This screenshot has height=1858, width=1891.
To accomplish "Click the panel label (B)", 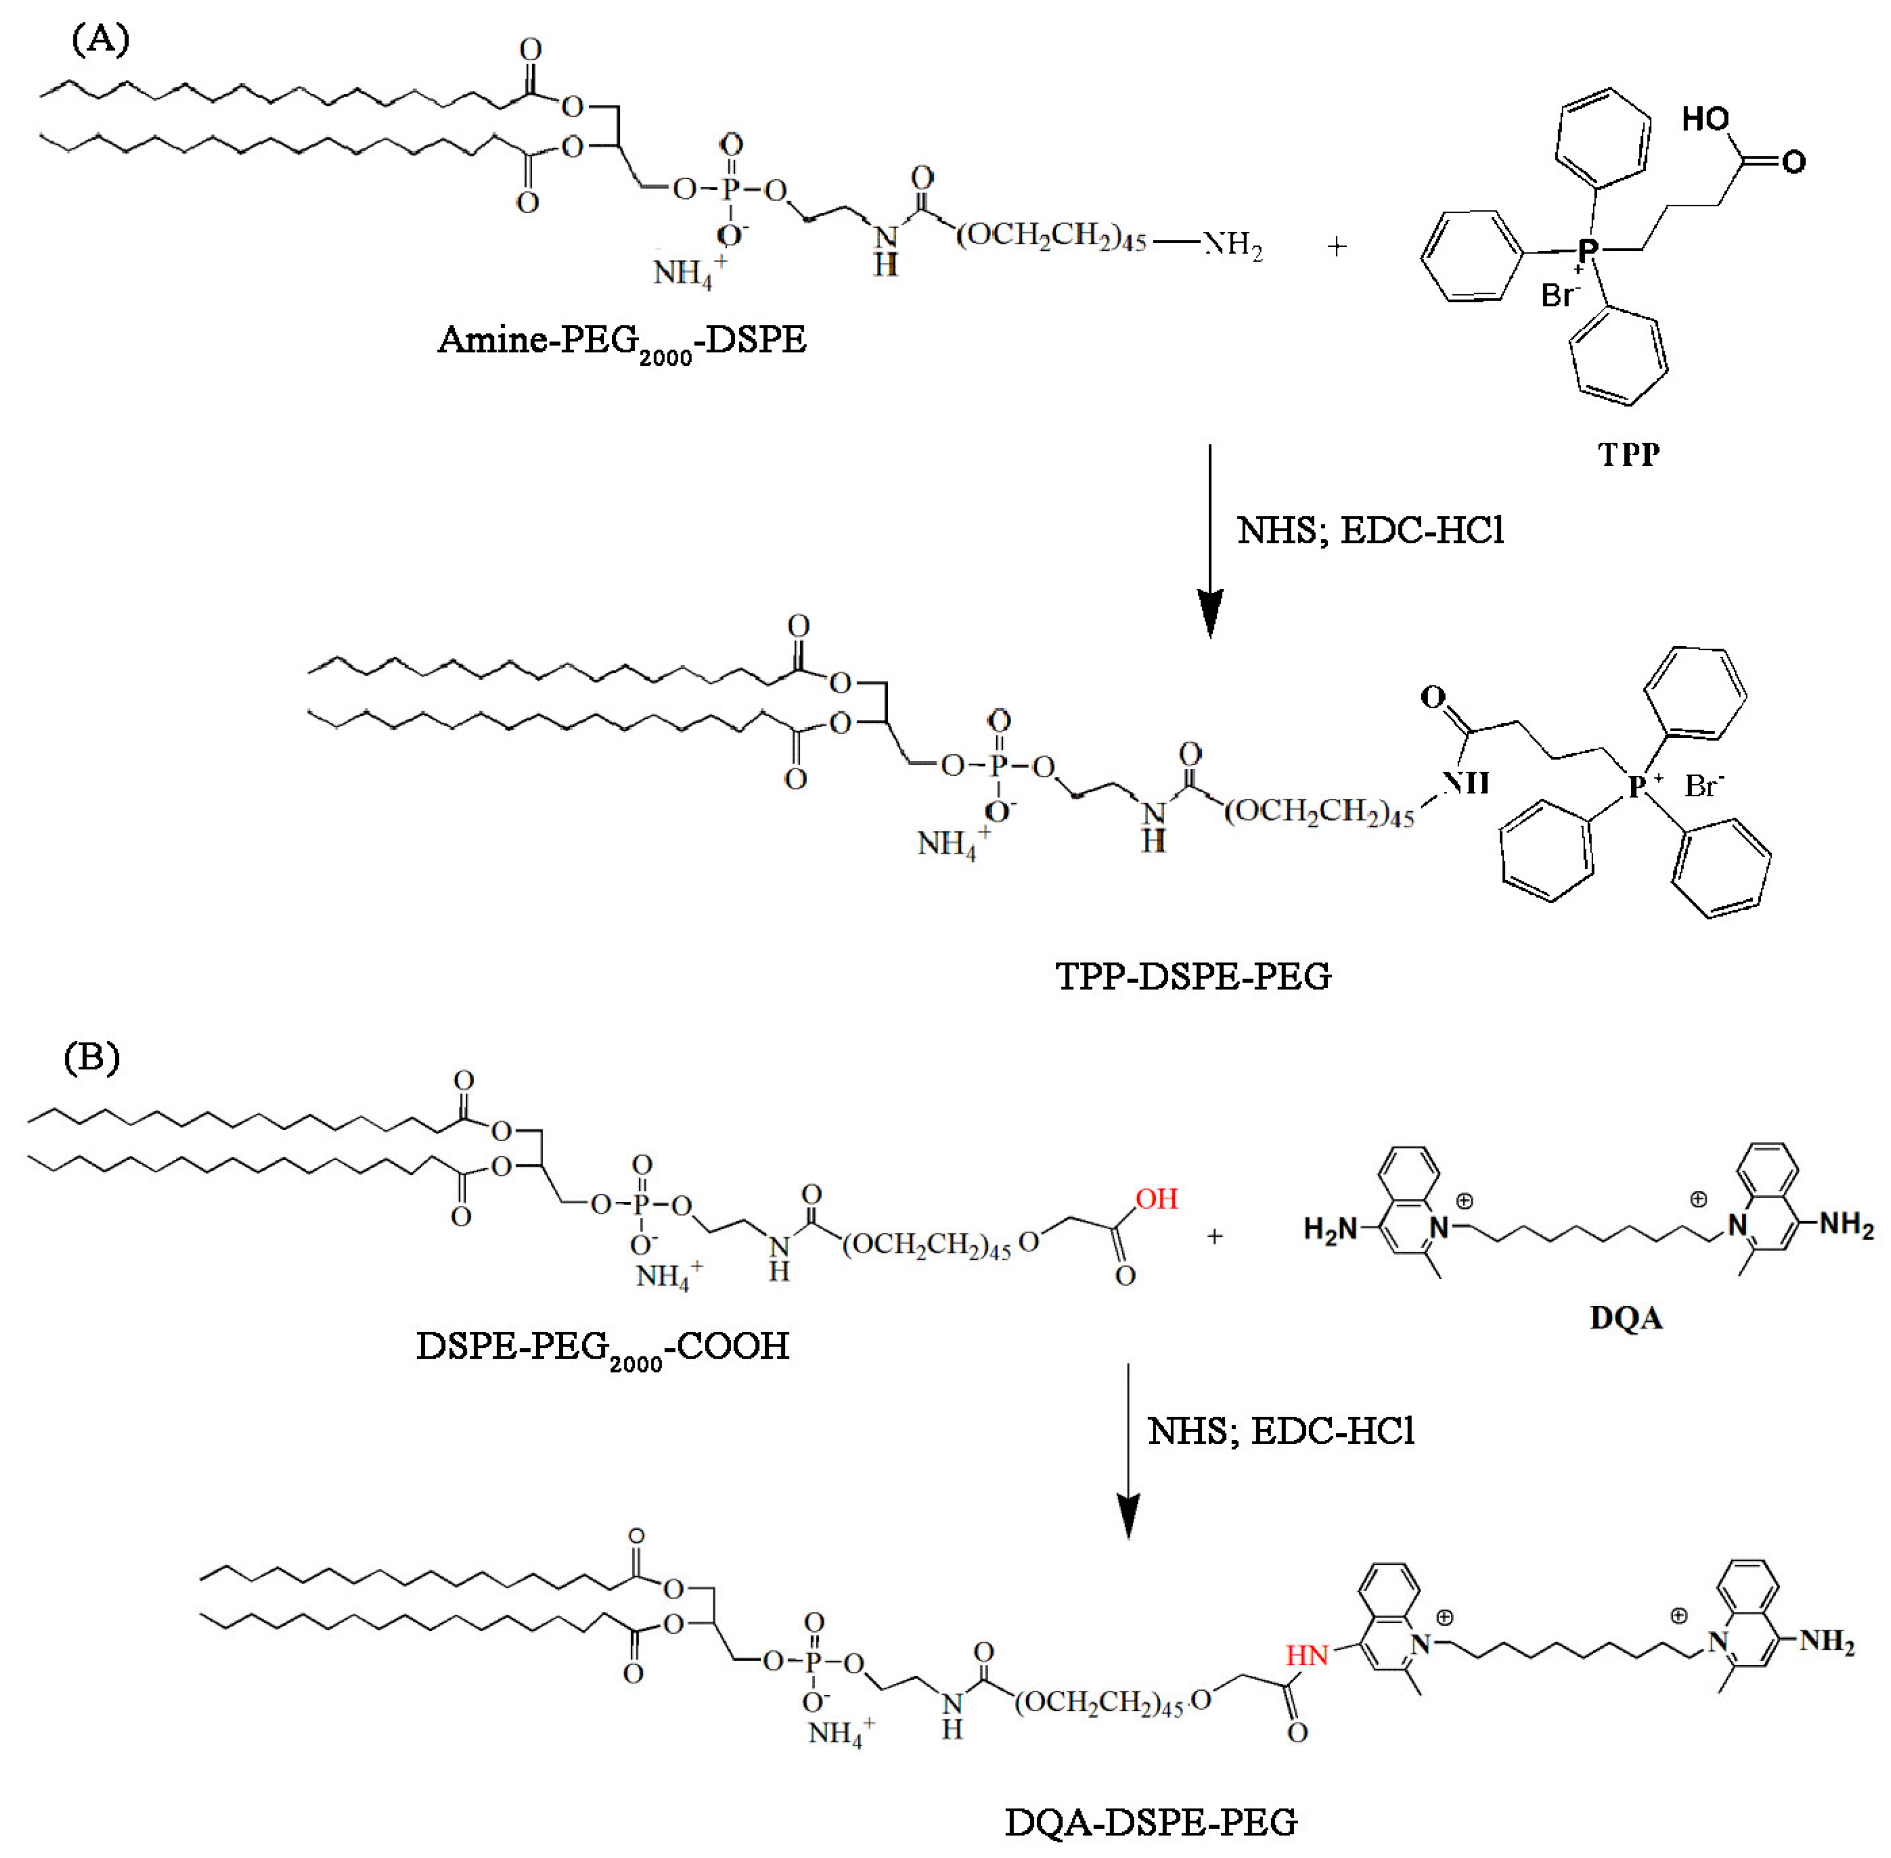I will click(92, 1057).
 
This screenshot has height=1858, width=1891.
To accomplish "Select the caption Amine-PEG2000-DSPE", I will click(622, 342).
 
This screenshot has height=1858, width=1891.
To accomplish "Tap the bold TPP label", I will click(1629, 454).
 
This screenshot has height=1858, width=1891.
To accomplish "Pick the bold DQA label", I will click(1625, 1319).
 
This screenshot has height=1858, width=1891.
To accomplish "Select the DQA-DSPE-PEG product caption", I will click(1151, 1822).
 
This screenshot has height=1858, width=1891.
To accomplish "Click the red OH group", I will click(1157, 1198).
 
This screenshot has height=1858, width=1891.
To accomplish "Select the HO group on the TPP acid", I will click(1705, 120).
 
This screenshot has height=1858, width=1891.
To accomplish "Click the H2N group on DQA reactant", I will click(1331, 1229).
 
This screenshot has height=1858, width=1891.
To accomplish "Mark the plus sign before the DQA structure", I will click(1214, 1236).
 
